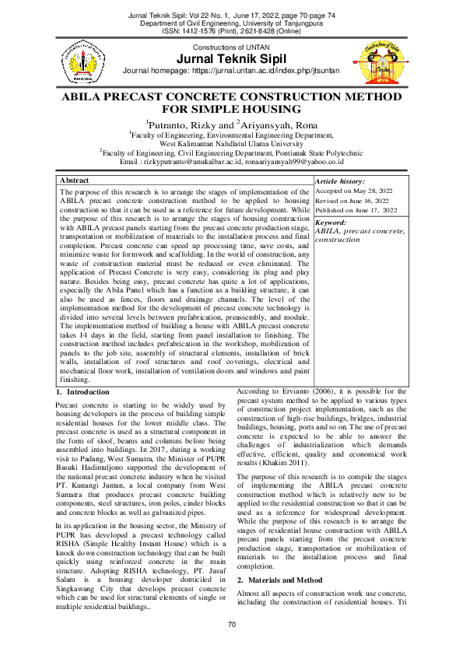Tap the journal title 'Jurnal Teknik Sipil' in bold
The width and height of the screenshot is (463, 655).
(x=232, y=59)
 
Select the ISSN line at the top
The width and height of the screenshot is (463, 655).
(x=231, y=31)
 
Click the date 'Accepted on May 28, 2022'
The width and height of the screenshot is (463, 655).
(x=354, y=191)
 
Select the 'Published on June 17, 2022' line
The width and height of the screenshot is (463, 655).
(x=356, y=210)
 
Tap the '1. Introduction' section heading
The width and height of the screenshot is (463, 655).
(x=83, y=392)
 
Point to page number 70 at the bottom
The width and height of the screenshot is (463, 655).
(x=231, y=625)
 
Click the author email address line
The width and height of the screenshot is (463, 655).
(x=231, y=162)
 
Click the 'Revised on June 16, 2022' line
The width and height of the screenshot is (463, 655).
(x=355, y=201)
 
